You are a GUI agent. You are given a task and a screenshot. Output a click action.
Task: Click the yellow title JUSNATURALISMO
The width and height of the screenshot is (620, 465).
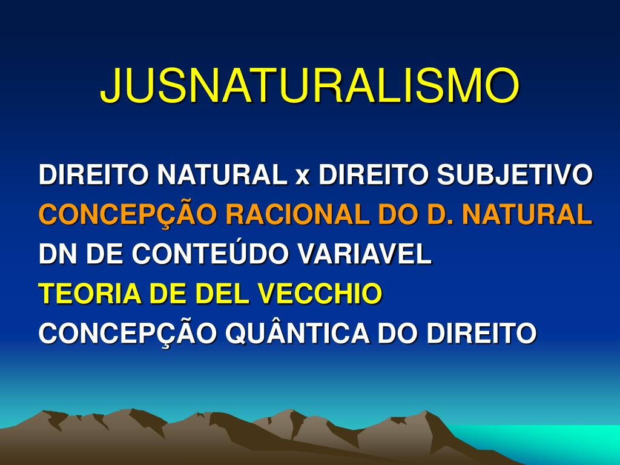click(309, 85)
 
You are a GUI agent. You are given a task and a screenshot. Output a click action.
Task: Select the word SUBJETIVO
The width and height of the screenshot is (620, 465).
click(515, 174)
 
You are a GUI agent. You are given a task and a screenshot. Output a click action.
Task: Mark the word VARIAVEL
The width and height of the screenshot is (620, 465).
click(364, 254)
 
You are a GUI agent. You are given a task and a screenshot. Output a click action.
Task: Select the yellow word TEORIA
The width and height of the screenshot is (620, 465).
click(90, 294)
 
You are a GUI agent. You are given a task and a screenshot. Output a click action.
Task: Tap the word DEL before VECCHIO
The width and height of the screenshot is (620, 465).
click(224, 294)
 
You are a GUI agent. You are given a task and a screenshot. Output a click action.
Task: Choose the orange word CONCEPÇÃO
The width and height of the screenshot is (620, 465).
click(128, 214)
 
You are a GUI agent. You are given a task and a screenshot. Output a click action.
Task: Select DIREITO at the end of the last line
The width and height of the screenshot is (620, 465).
click(481, 333)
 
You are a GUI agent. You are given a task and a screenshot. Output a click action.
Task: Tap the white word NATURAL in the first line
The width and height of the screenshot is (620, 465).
click(222, 174)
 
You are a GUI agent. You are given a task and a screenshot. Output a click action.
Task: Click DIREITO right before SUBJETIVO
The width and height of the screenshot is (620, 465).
click(374, 174)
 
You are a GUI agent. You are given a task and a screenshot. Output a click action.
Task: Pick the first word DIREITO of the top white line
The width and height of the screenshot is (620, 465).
click(94, 174)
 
